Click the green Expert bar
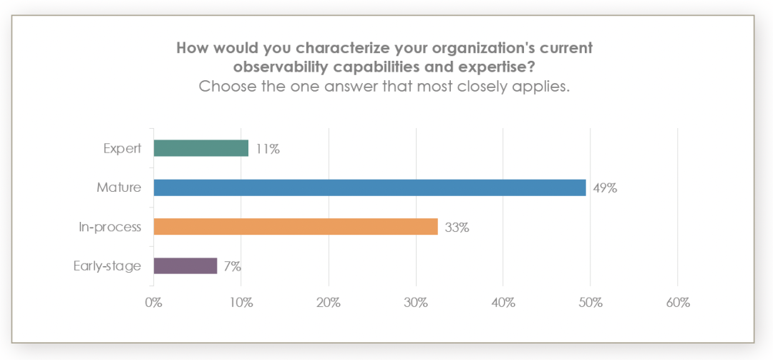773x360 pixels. click(x=201, y=148)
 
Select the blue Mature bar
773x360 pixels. click(x=369, y=188)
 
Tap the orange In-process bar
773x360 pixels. click(x=296, y=227)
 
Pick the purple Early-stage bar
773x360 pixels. click(x=185, y=266)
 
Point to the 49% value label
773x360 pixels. click(x=605, y=188)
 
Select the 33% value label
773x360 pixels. click(x=457, y=228)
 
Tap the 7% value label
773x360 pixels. click(x=232, y=266)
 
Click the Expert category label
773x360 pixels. click(x=122, y=149)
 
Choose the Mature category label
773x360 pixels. click(x=119, y=188)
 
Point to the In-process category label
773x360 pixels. click(x=110, y=228)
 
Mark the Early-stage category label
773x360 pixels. click(x=107, y=266)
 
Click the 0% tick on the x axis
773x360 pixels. click(x=154, y=303)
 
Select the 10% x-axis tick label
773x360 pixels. click(x=241, y=303)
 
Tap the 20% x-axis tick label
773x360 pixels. click(x=329, y=303)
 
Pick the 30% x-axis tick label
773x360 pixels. click(x=416, y=303)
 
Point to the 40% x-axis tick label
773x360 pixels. click(x=503, y=303)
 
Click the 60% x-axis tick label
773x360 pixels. click(x=678, y=303)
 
